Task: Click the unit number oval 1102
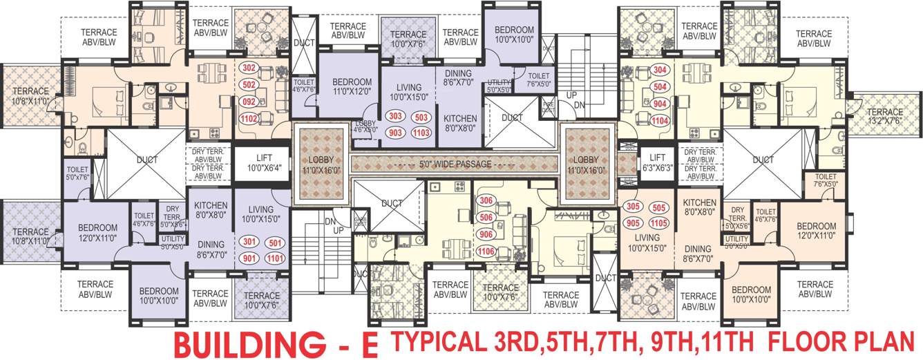click(250, 118)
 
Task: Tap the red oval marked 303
click(396, 116)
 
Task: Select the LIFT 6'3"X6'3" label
click(657, 162)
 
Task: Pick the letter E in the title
click(370, 344)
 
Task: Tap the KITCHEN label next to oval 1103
click(460, 122)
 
